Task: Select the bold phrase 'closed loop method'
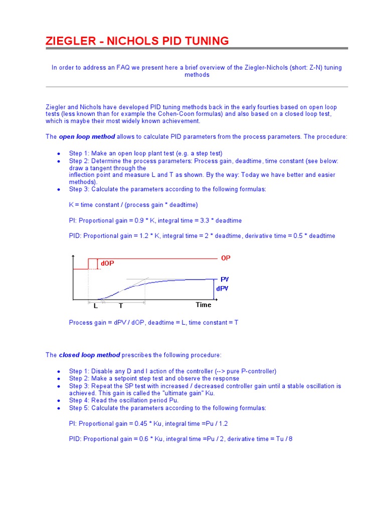coord(89,355)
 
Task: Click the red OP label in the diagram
coord(226,258)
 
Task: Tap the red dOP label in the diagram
coord(107,264)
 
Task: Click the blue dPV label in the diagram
coord(223,289)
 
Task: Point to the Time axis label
coord(203,305)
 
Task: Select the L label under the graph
coord(95,306)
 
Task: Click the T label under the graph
coord(120,306)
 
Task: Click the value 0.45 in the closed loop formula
coord(136,424)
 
